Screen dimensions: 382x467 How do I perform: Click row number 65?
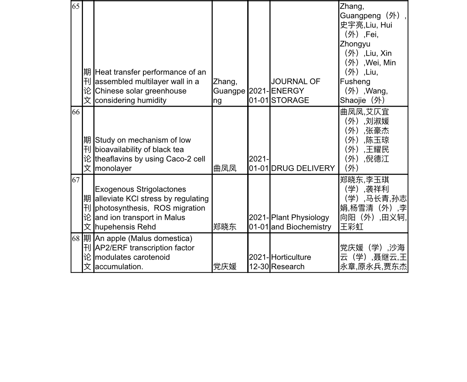click(76, 7)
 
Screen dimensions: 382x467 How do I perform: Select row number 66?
click(76, 112)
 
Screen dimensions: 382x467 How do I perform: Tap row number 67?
click(76, 180)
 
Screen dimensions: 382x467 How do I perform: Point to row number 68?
click(76, 239)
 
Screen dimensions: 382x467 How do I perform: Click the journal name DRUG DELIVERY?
click(303, 168)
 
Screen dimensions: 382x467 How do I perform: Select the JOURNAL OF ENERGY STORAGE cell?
click(295, 91)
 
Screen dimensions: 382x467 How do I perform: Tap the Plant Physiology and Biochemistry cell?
click(301, 222)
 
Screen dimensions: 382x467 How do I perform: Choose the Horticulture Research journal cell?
click(291, 262)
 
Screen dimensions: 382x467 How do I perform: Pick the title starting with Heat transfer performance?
click(150, 86)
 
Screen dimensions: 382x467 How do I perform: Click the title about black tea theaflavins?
click(150, 154)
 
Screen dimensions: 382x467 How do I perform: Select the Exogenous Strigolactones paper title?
click(152, 208)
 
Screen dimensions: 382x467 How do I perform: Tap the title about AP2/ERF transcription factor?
click(144, 252)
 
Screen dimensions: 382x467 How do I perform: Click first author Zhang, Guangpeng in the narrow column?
click(229, 91)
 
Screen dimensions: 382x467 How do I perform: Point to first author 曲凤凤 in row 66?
click(225, 168)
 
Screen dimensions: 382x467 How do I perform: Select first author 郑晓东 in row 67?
click(225, 227)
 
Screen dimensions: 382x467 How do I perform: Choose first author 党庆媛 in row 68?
click(225, 267)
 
